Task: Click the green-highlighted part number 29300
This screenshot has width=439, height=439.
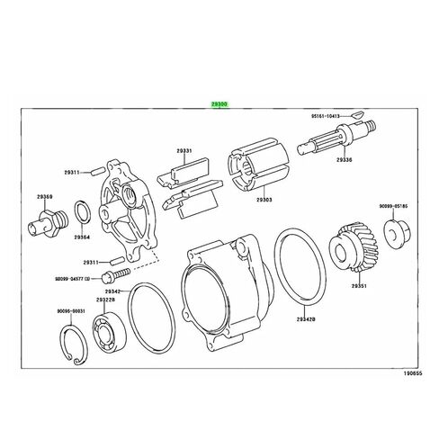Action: [219, 103]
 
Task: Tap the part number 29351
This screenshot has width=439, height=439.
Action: [359, 285]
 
